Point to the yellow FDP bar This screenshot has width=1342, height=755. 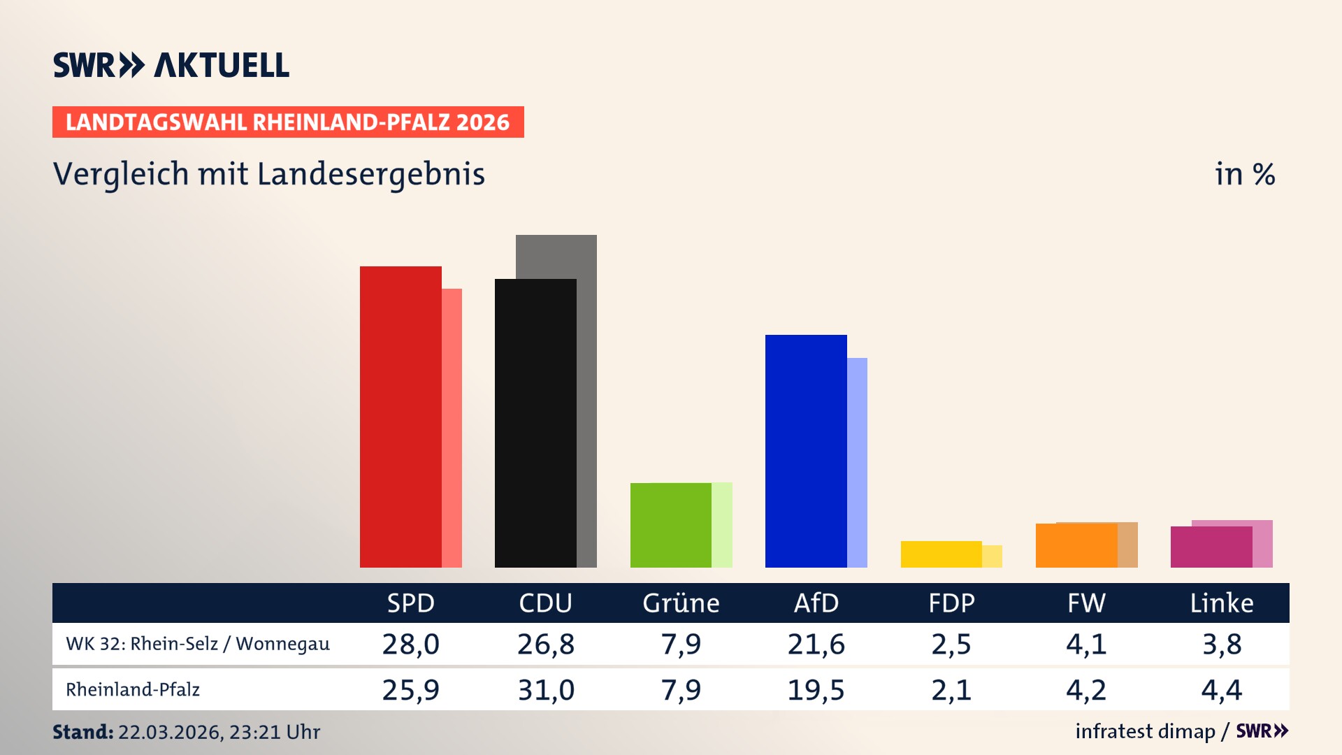click(941, 554)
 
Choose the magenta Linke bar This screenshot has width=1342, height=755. click(1211, 547)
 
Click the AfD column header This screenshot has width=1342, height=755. click(816, 603)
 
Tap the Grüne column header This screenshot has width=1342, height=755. click(681, 603)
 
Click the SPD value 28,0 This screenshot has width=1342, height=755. click(411, 644)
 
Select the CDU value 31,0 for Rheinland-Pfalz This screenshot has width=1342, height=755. click(546, 690)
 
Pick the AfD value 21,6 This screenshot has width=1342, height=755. click(816, 644)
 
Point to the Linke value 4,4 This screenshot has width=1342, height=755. click(1222, 690)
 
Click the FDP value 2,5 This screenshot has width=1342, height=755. click(951, 644)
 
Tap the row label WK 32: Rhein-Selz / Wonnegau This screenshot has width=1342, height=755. click(198, 644)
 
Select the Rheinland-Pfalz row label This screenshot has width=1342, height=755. click(133, 690)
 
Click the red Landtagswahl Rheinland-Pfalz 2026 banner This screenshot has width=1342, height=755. click(288, 122)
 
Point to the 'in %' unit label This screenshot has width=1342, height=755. click(1245, 174)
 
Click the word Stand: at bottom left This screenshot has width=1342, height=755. click(82, 732)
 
